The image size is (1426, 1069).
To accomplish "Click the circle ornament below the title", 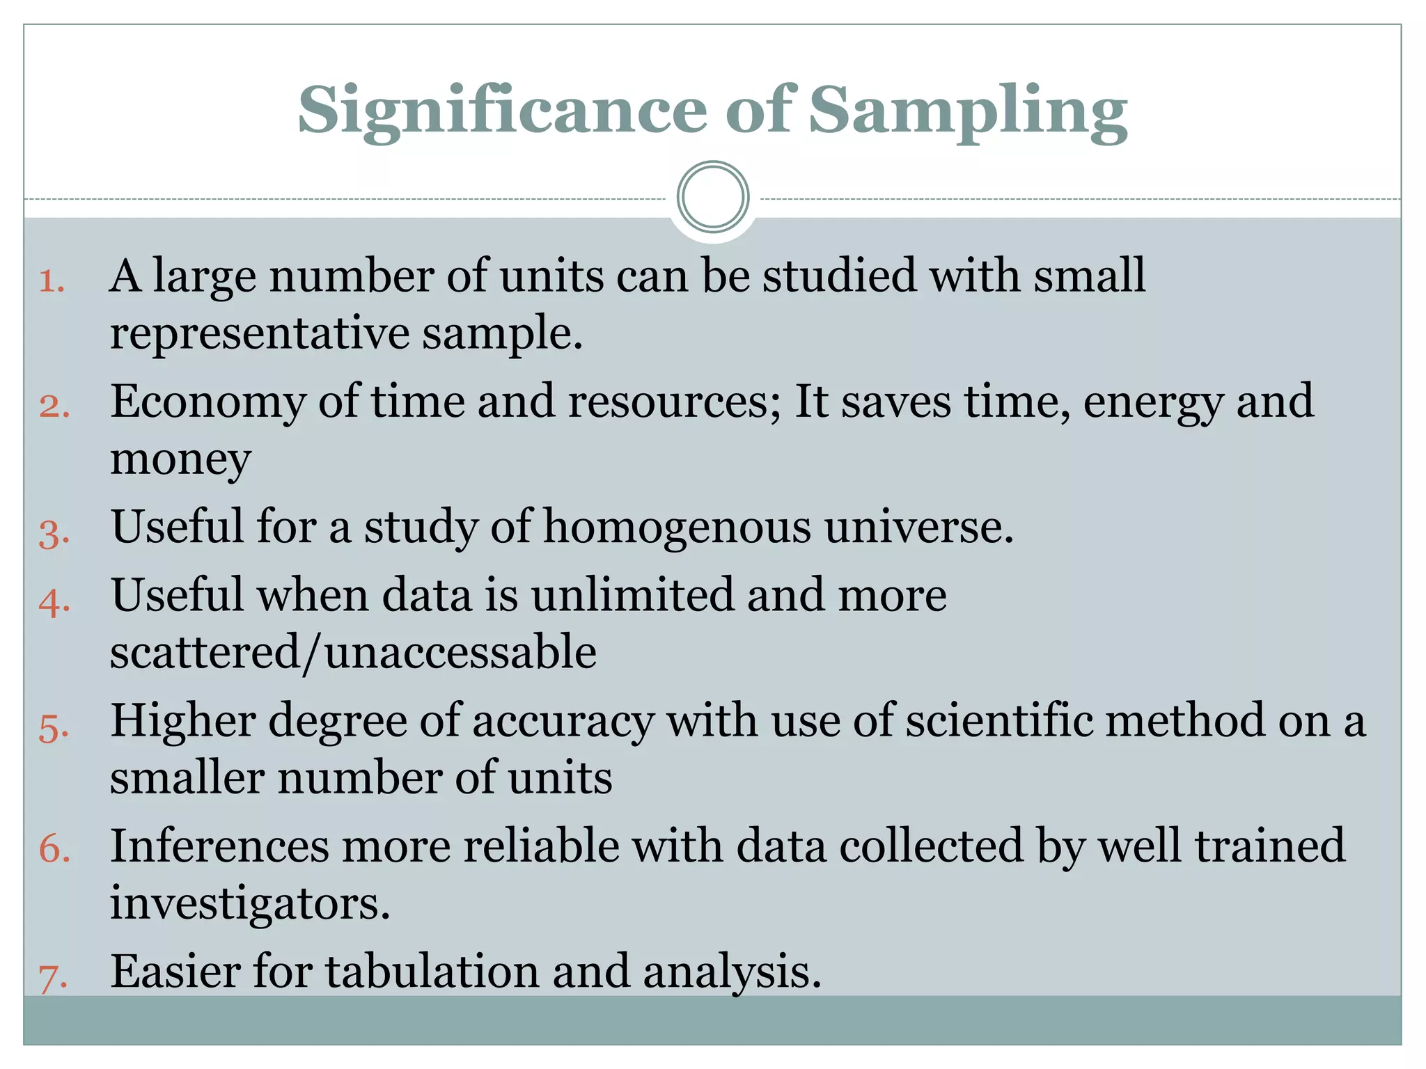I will (x=712, y=197).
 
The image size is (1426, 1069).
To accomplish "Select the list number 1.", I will (x=52, y=281).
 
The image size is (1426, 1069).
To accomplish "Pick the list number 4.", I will (x=54, y=602).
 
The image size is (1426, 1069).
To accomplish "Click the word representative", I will (x=259, y=333).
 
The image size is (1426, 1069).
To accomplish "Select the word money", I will (x=180, y=459).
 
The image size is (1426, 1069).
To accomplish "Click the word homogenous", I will (x=677, y=526).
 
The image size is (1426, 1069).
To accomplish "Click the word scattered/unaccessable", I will (x=353, y=652).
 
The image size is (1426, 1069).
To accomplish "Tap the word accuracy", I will (x=563, y=721).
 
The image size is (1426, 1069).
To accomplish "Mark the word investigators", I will (x=250, y=903).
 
